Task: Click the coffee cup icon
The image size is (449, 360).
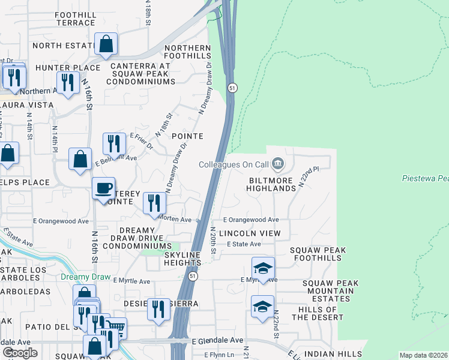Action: pyautogui.click(x=103, y=188)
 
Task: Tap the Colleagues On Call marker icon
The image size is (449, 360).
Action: pyautogui.click(x=277, y=163)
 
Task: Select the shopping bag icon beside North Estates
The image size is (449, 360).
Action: pyautogui.click(x=106, y=44)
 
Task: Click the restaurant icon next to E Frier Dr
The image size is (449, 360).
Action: pyautogui.click(x=115, y=144)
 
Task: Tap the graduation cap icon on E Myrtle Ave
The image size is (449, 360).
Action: pyautogui.click(x=263, y=268)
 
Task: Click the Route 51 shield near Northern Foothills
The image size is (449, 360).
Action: pyautogui.click(x=233, y=88)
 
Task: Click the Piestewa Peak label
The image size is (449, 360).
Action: pyautogui.click(x=424, y=179)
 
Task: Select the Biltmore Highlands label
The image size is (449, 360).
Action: pyautogui.click(x=271, y=184)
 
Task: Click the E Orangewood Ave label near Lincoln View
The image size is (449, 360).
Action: pyautogui.click(x=251, y=220)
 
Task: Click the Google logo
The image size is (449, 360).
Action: pyautogui.click(x=20, y=353)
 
